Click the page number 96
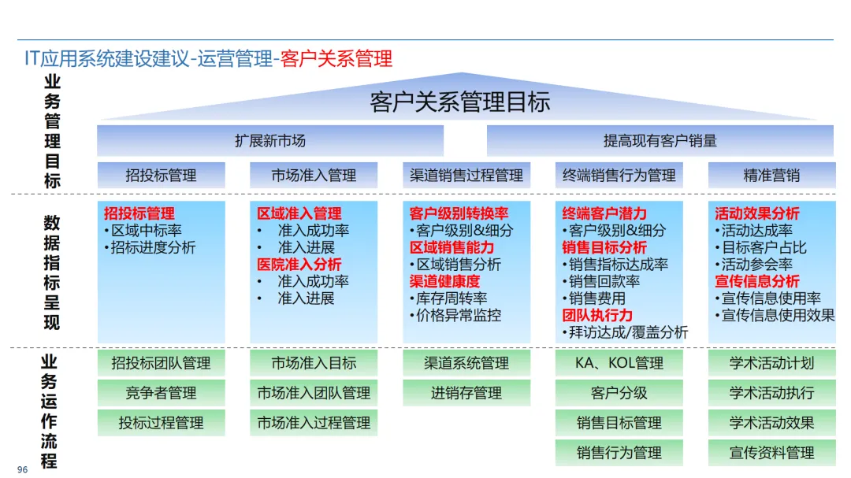(22, 469)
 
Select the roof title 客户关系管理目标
(460, 102)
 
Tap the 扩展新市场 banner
(270, 141)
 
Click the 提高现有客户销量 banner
(660, 141)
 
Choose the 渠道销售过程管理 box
(466, 175)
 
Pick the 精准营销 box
(771, 175)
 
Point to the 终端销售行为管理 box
(619, 175)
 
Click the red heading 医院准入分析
(299, 265)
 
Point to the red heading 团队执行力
(597, 315)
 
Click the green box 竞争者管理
(161, 393)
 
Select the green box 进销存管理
(466, 393)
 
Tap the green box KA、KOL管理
(619, 363)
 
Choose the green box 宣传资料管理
(771, 453)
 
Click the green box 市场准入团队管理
(314, 393)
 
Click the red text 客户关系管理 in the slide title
(336, 58)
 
